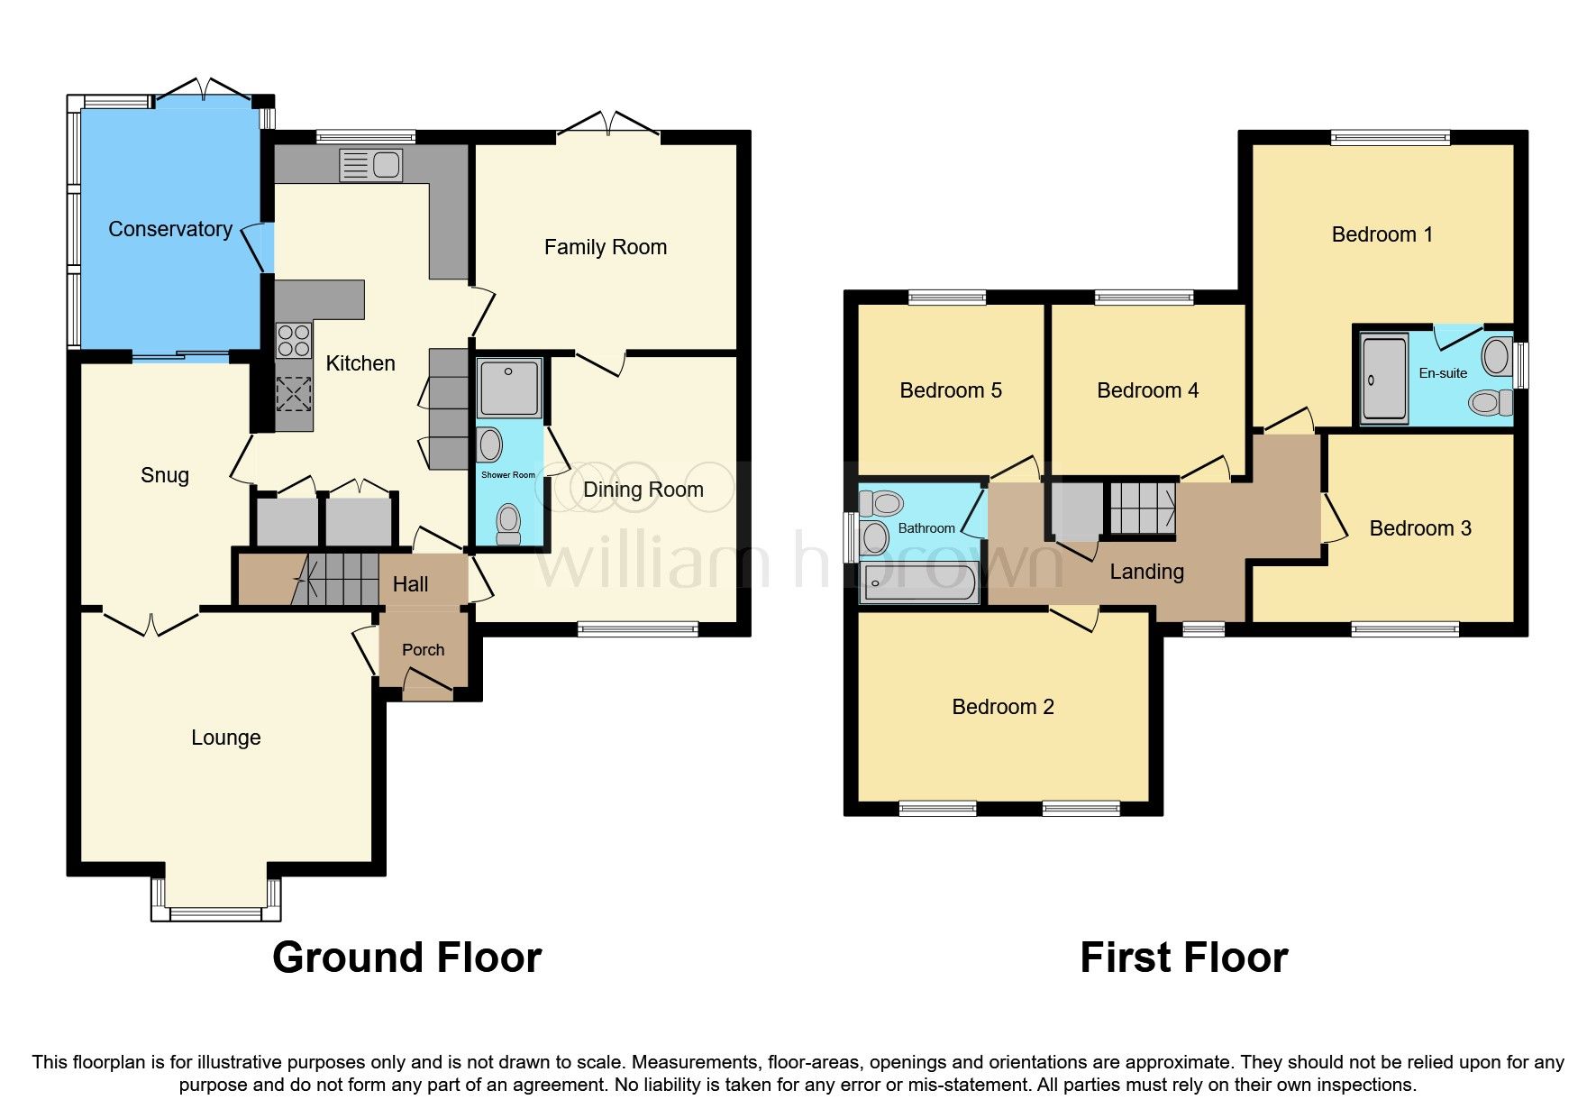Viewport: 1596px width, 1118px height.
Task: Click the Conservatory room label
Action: tap(170, 229)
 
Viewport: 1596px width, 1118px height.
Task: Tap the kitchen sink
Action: tap(370, 165)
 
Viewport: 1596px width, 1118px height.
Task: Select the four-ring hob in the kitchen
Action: tap(293, 341)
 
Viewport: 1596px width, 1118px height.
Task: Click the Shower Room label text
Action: tap(508, 475)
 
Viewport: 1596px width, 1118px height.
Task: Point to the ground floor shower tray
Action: tap(509, 388)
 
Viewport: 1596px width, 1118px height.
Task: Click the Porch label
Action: tap(423, 650)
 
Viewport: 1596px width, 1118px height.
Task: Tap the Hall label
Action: tap(410, 584)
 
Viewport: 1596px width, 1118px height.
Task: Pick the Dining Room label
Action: tap(643, 490)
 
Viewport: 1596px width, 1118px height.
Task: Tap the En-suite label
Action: tap(1443, 373)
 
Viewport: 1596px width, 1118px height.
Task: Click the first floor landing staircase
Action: tap(1142, 509)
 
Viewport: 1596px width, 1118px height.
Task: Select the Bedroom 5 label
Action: tap(951, 390)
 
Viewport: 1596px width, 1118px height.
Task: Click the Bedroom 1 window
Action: tap(1390, 138)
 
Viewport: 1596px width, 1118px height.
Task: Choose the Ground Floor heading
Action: tap(406, 958)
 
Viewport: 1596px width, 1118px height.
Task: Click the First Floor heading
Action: tap(1183, 958)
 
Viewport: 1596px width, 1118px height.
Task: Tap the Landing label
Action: tap(1146, 572)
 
